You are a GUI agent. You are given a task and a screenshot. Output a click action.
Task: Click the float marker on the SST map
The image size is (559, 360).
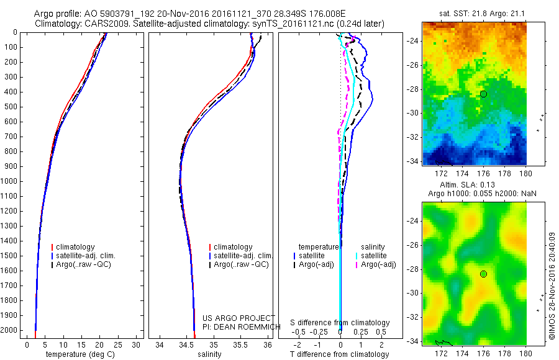(x=483, y=94)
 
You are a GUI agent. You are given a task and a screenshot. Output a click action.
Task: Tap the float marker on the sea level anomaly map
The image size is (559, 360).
(x=483, y=274)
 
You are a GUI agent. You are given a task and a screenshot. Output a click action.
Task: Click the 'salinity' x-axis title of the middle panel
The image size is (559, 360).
(x=209, y=354)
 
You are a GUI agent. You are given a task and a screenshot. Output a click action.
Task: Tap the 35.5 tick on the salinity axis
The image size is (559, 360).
(x=241, y=344)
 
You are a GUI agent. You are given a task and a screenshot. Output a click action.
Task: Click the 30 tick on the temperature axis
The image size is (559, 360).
(x=137, y=344)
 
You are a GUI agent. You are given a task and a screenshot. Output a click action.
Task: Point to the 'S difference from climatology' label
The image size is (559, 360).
(x=340, y=323)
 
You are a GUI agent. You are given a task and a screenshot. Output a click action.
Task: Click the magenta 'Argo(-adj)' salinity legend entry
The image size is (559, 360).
(x=378, y=264)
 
